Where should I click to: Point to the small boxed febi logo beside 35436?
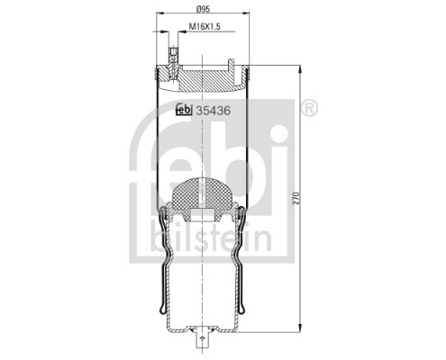[184, 112]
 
